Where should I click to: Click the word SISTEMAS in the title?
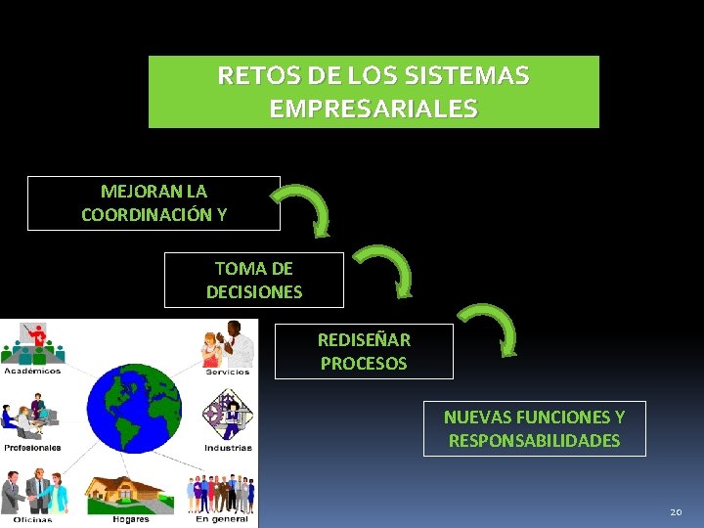tap(473, 75)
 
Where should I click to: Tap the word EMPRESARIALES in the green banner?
tap(374, 109)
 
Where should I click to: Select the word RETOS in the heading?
tap(247, 75)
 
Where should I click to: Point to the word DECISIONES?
tap(254, 291)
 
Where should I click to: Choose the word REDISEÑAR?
tap(364, 340)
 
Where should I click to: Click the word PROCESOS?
tap(364, 364)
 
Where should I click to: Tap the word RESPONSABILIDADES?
tap(534, 441)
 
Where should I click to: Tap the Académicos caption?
tap(32, 371)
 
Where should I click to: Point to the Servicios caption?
tap(227, 372)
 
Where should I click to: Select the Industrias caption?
tap(227, 448)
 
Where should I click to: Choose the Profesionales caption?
tap(32, 448)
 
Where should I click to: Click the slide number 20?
tap(676, 512)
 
